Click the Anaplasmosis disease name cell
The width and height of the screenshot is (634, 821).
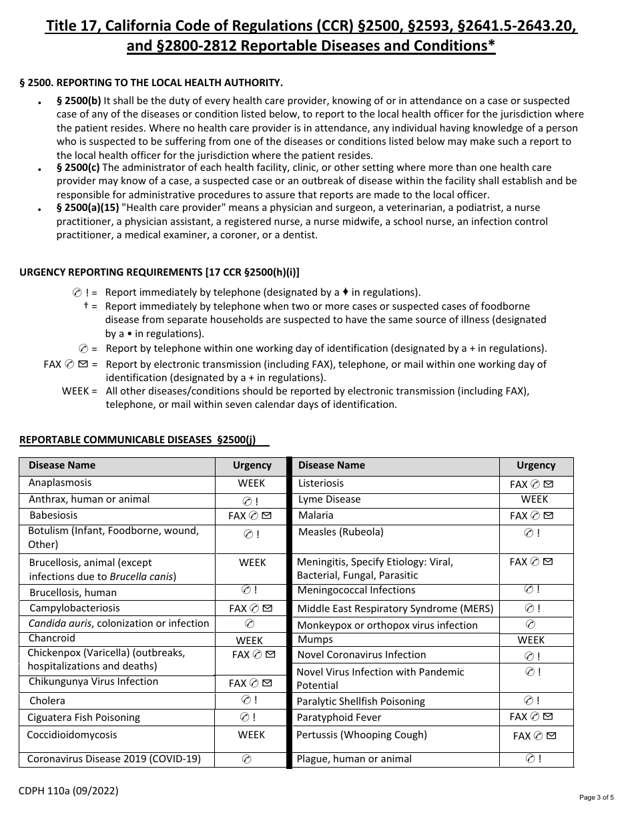(60, 483)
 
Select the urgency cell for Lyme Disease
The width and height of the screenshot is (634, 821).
(535, 499)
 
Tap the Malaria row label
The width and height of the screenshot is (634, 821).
(316, 515)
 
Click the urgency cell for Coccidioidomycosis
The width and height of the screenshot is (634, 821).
(252, 735)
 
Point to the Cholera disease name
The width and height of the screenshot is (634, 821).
(47, 701)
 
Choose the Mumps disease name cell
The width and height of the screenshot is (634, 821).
(315, 639)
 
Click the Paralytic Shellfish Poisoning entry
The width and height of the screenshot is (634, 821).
(361, 702)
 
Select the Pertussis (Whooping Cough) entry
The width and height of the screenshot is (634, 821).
(362, 735)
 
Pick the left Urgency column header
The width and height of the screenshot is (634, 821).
(252, 465)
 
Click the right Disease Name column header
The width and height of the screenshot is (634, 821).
(332, 465)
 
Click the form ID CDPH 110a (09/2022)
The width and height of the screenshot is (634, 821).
(69, 791)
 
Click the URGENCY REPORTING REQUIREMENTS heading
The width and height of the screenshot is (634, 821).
(160, 272)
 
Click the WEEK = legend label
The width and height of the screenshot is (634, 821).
(79, 391)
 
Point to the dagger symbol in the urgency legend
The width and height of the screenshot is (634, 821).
(86, 306)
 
